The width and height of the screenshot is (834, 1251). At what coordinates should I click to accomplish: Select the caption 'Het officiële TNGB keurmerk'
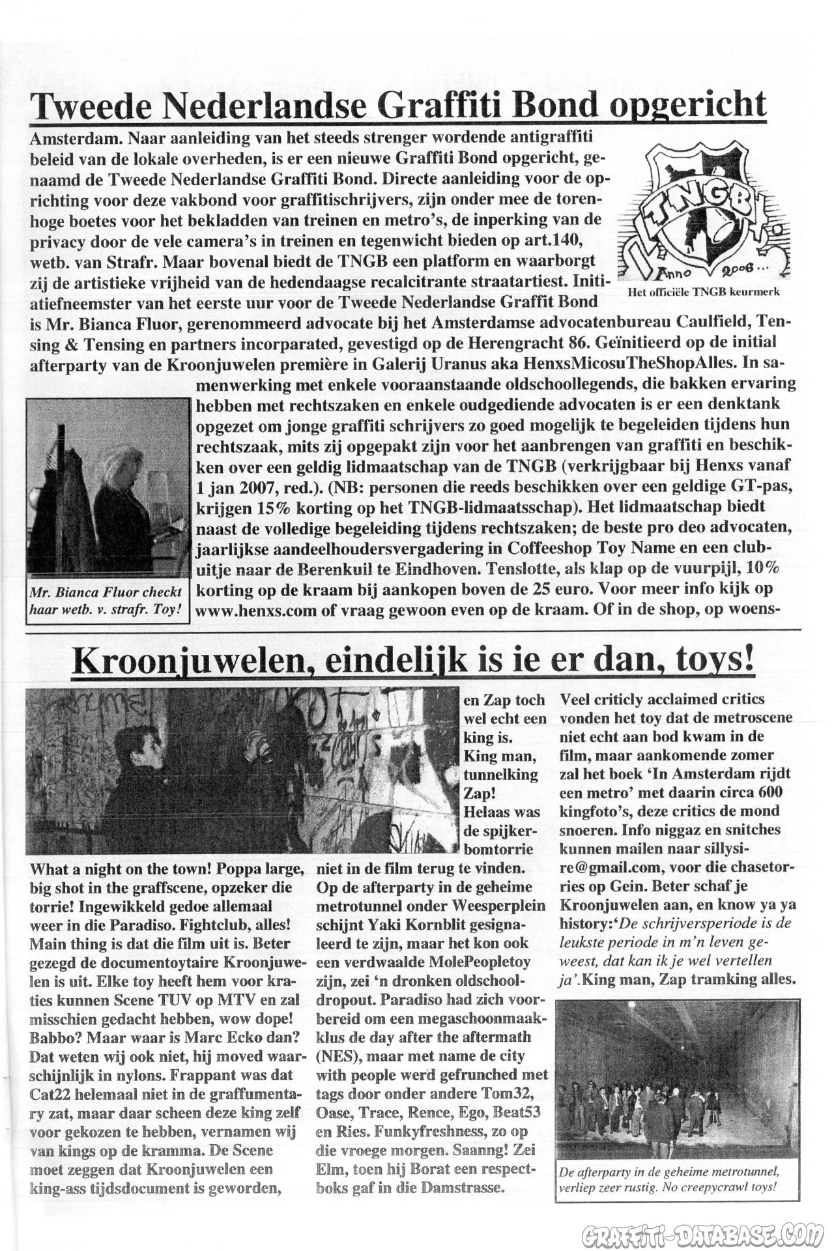703,293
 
